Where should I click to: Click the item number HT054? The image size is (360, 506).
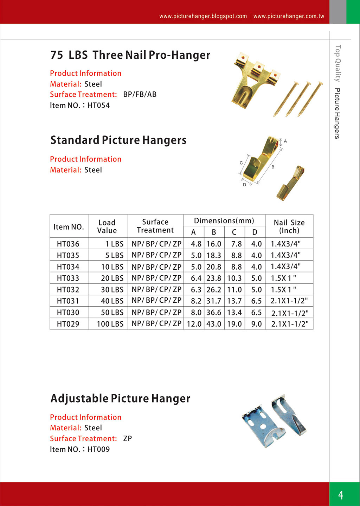tap(98, 105)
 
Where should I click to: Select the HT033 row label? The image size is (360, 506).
tap(68, 278)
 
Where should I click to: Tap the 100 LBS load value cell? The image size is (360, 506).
tap(110, 324)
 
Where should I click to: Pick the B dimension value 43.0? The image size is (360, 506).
tap(214, 324)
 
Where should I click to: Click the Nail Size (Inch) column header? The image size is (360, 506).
tap(289, 226)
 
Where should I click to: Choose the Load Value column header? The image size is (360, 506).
tap(107, 226)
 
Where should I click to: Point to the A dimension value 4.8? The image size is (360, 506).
tap(196, 244)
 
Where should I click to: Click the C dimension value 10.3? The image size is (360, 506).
tap(234, 278)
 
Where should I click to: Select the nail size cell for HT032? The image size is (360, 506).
tap(283, 289)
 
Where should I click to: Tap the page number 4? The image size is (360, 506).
tap(341, 495)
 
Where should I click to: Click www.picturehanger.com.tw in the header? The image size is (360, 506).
tap(289, 16)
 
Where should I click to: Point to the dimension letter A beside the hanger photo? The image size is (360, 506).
tap(285, 141)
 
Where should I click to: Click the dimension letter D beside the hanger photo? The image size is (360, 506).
tap(244, 185)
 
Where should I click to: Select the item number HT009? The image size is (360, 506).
tap(98, 449)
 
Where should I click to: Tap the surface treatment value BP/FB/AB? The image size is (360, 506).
tap(140, 94)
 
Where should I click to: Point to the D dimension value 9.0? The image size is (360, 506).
tap(256, 324)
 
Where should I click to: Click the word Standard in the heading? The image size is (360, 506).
tap(75, 140)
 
